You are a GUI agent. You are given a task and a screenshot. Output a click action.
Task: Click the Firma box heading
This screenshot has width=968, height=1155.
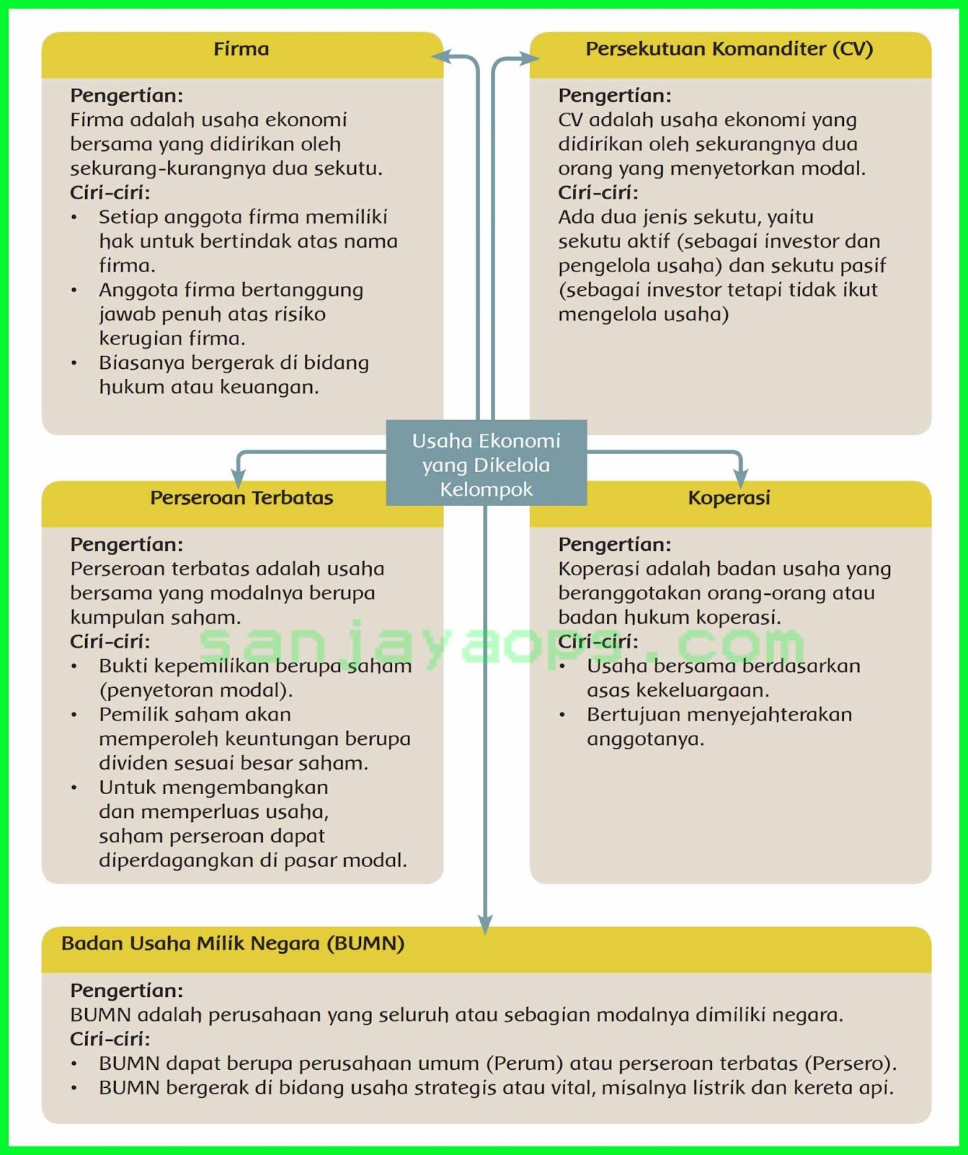(241, 49)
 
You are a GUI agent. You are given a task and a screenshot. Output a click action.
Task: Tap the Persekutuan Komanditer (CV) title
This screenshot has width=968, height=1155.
(729, 49)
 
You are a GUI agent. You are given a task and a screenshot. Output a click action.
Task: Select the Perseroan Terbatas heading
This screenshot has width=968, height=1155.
(241, 498)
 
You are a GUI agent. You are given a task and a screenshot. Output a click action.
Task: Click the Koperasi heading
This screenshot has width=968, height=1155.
(729, 498)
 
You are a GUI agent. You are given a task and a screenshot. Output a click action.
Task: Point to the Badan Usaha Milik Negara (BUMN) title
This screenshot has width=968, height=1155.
(232, 943)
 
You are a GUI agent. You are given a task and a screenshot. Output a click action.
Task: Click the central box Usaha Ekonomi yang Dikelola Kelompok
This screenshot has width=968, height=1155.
(486, 464)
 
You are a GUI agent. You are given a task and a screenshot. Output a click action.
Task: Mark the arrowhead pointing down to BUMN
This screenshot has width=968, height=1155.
(486, 924)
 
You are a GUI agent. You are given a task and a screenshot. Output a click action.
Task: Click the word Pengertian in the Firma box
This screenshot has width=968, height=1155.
(126, 95)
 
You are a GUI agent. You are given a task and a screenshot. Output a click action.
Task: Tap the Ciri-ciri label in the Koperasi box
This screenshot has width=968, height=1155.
(598, 642)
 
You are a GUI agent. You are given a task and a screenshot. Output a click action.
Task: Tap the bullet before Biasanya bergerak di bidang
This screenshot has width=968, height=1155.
(74, 363)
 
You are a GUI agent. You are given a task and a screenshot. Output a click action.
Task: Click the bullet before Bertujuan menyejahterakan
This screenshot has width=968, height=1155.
(562, 715)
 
